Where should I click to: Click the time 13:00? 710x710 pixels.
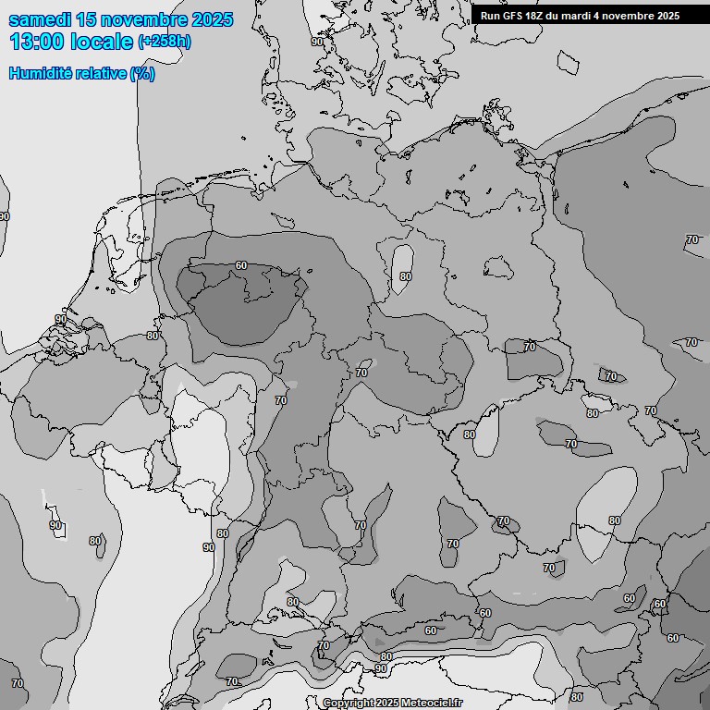click(36, 41)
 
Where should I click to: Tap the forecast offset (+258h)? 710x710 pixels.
click(165, 42)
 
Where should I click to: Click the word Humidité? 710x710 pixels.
click(39, 73)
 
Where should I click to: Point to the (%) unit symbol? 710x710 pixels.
click(142, 73)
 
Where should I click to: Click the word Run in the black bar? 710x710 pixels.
click(490, 15)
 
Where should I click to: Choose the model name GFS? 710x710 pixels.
click(514, 15)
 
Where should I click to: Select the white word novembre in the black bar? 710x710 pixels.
click(632, 15)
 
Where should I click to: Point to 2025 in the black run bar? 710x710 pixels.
click(668, 15)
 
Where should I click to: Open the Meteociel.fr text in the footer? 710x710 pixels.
click(433, 703)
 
